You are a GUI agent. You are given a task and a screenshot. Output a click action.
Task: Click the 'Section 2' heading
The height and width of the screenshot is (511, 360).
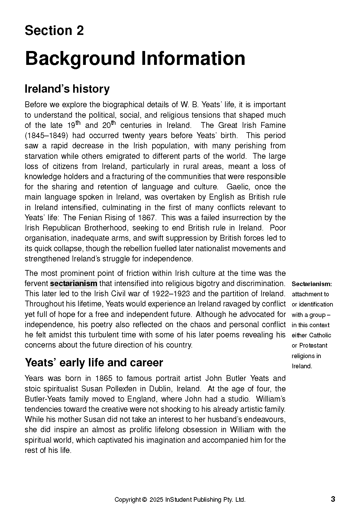click(x=54, y=31)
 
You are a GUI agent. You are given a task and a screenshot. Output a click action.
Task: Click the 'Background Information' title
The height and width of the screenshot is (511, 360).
click(x=135, y=58)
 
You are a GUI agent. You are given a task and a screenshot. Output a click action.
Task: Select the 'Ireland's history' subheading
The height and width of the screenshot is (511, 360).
click(x=67, y=89)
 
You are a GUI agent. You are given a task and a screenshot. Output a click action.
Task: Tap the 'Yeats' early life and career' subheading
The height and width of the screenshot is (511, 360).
click(x=94, y=362)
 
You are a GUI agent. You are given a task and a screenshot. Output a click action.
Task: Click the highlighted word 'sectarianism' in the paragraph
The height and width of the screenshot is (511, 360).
click(x=73, y=283)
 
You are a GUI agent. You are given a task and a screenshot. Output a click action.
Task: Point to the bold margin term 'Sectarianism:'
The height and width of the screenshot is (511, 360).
click(x=312, y=284)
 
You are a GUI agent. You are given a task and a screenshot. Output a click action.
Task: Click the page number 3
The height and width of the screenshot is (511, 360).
click(x=333, y=499)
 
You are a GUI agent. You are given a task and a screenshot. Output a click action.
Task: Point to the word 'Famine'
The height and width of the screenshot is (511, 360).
click(x=274, y=125)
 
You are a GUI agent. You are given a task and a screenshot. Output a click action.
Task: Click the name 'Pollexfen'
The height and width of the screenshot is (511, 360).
click(x=123, y=389)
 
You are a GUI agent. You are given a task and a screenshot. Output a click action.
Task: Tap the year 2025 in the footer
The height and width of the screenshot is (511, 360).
click(x=157, y=500)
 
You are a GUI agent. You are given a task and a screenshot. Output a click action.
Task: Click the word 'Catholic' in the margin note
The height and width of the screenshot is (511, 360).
click(x=320, y=335)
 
